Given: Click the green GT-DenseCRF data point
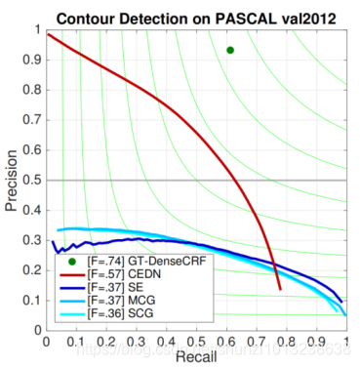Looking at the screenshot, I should pos(230,50).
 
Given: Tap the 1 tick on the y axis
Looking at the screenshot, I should pos(38,29).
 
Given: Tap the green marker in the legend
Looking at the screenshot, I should pos(71,264).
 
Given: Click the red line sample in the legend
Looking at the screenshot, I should pos(71,276).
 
